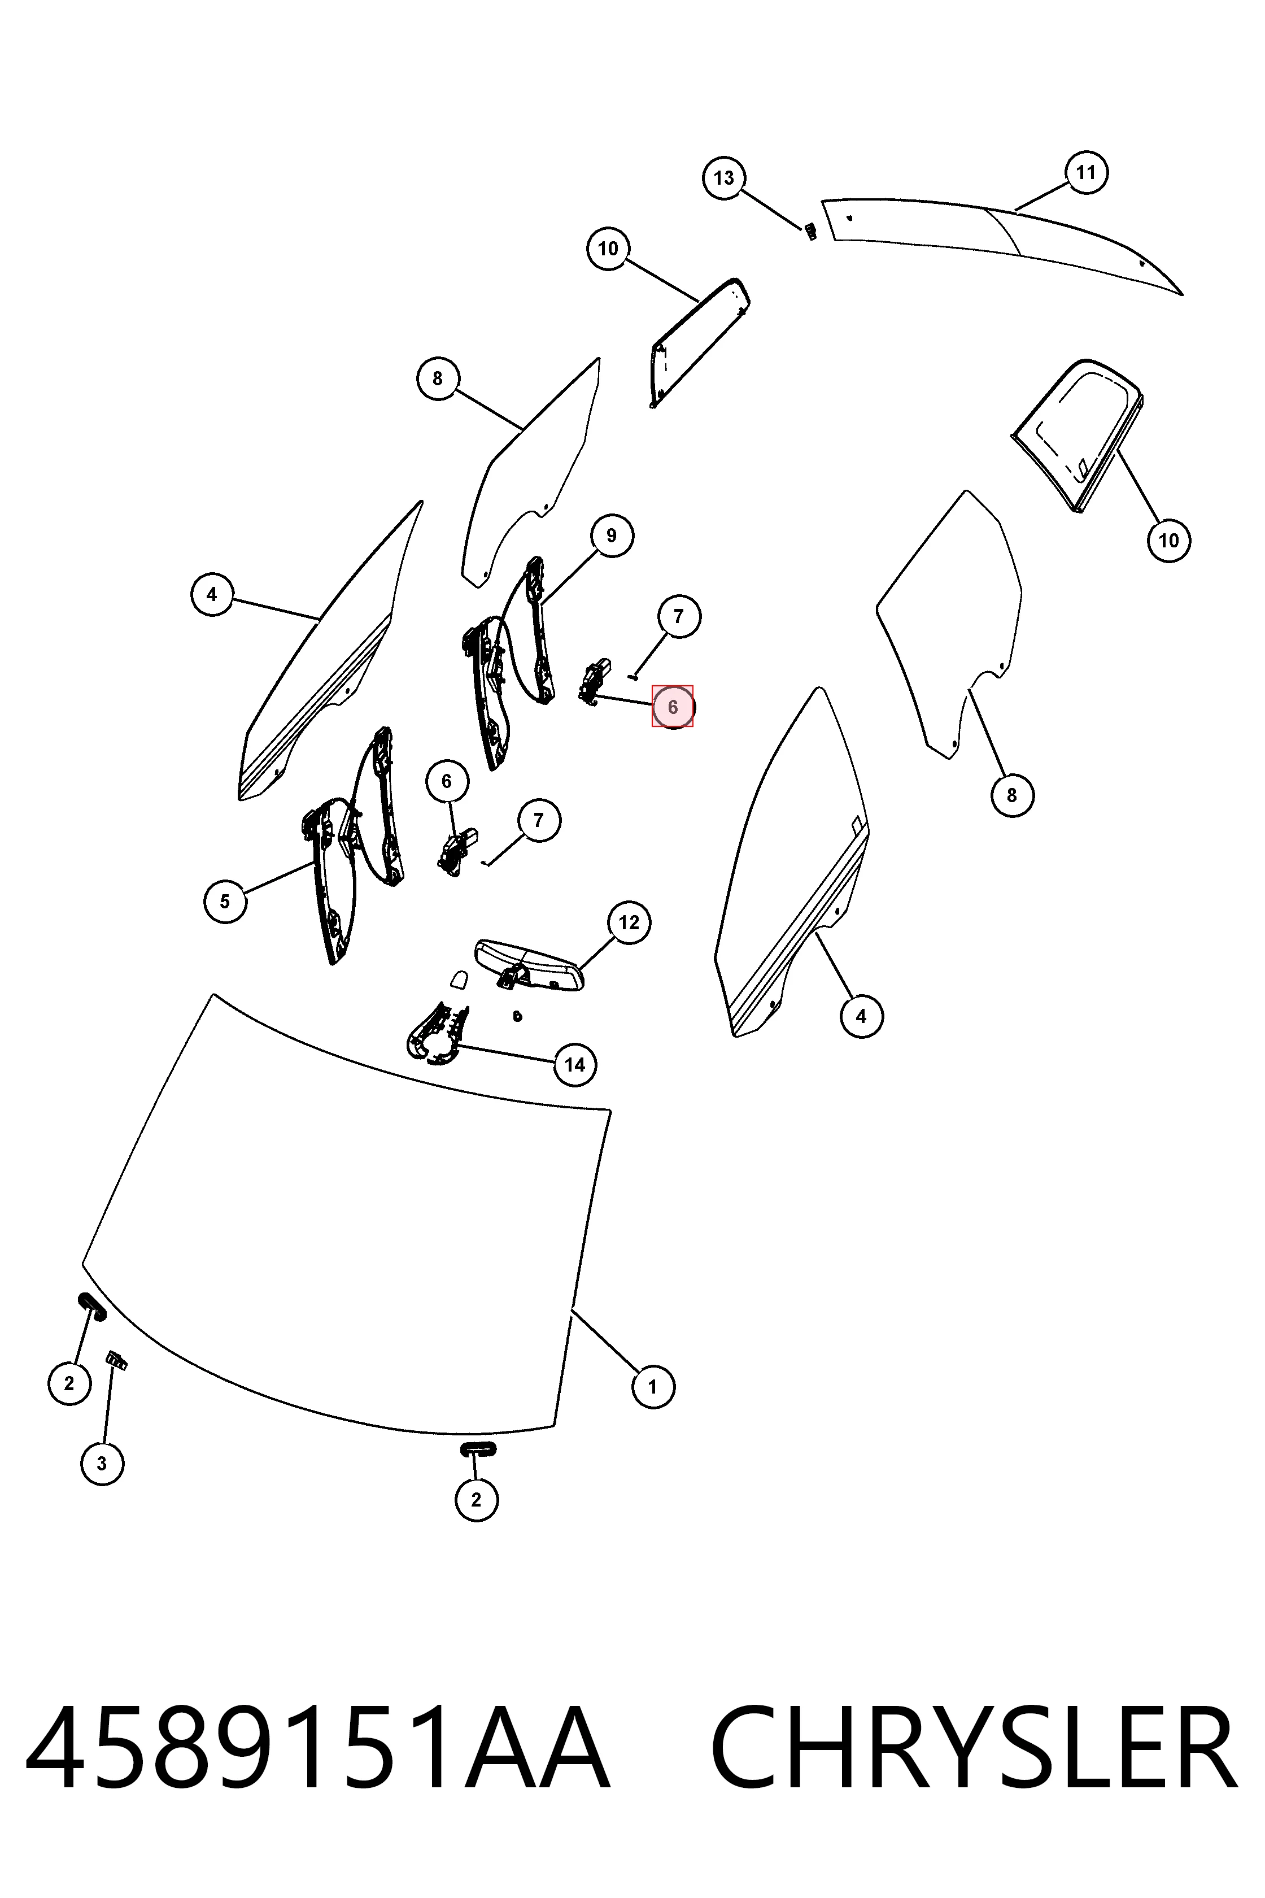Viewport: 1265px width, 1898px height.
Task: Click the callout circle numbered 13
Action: point(723,177)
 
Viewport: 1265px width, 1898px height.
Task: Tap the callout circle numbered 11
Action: point(1086,172)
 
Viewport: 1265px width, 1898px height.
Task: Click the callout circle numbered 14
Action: point(574,1064)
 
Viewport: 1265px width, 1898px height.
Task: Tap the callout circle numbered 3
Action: point(102,1463)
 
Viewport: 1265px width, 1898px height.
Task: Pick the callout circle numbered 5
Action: point(225,902)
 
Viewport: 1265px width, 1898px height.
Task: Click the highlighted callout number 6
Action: point(673,707)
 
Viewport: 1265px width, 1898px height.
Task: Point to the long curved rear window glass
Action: point(1000,234)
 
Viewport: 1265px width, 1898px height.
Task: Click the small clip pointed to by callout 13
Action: point(810,232)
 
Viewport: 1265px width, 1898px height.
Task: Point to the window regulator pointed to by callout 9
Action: point(508,661)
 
